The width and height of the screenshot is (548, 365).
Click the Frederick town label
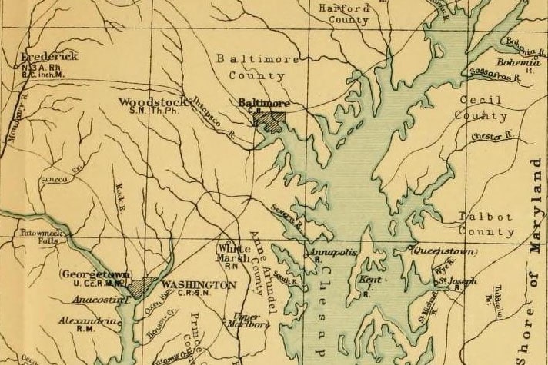click(51, 57)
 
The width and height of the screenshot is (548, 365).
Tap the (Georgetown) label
click(95, 274)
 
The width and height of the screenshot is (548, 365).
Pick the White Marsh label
click(233, 254)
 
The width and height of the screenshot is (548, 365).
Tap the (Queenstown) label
click(444, 252)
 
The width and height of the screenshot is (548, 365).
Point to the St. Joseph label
click(459, 281)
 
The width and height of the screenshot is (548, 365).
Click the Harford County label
click(344, 15)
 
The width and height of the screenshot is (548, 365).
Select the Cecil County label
click(481, 108)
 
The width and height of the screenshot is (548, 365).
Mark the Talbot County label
click(486, 224)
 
